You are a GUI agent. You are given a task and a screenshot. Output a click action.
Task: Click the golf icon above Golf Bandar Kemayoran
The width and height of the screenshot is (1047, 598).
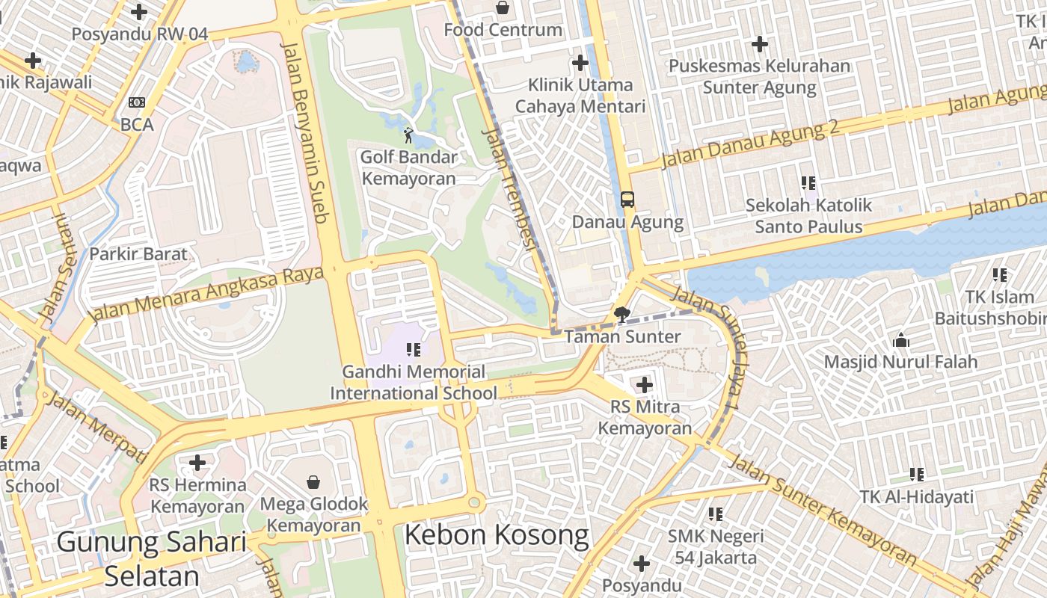(408, 135)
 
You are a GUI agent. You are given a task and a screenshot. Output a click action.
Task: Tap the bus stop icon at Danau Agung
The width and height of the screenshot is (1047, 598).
(627, 200)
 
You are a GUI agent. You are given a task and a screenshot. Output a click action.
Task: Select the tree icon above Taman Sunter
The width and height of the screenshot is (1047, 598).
(621, 314)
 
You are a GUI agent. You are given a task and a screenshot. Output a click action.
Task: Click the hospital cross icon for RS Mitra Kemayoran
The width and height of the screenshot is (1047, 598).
(644, 385)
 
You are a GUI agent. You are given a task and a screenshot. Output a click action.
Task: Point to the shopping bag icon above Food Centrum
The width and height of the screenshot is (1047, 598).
(503, 8)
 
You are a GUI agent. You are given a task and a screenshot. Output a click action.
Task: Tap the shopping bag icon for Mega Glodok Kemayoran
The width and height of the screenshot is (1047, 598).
(313, 482)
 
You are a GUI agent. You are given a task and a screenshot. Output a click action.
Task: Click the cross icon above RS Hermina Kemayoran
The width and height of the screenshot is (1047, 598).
(197, 463)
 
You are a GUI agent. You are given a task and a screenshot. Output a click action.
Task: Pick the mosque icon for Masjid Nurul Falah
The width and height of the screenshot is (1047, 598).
(901, 340)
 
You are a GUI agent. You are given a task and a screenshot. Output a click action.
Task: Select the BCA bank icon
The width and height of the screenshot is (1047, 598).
(137, 102)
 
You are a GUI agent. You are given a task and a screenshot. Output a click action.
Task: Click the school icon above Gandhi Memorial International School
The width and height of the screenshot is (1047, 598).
(413, 349)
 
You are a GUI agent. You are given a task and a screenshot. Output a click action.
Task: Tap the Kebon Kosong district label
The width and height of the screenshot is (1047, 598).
(497, 535)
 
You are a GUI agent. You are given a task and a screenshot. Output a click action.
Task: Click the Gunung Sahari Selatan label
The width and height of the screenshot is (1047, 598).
(152, 558)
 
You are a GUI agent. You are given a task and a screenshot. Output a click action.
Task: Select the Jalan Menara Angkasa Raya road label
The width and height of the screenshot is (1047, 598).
(207, 295)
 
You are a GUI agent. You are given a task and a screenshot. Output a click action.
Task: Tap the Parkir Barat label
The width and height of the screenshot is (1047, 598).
(138, 254)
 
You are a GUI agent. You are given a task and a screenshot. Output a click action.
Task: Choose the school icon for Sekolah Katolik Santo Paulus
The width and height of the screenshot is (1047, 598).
(808, 182)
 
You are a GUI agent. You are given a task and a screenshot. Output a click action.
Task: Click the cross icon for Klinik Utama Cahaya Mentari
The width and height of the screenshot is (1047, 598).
(580, 63)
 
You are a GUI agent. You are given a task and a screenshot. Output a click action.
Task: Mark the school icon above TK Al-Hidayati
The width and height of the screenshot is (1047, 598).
(917, 474)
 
